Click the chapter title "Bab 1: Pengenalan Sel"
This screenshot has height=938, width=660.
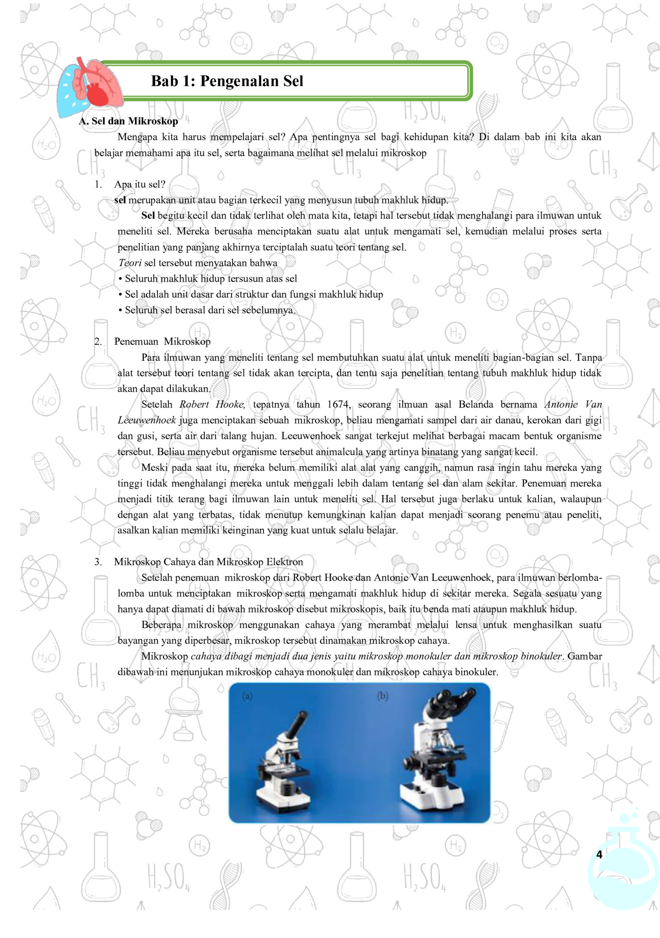227,81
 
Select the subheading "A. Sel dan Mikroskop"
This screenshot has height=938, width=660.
128,121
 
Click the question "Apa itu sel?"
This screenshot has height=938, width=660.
140,185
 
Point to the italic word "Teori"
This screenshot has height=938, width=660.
129,263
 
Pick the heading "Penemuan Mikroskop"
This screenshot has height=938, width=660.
162,342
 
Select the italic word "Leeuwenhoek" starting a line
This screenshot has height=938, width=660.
147,420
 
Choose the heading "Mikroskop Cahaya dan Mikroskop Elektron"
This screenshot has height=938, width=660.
208,562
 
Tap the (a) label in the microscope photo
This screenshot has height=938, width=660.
247,696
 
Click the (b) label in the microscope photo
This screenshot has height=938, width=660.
383,696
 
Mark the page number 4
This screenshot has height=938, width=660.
599,854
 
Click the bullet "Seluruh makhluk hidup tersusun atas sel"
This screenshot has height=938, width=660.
211,279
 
